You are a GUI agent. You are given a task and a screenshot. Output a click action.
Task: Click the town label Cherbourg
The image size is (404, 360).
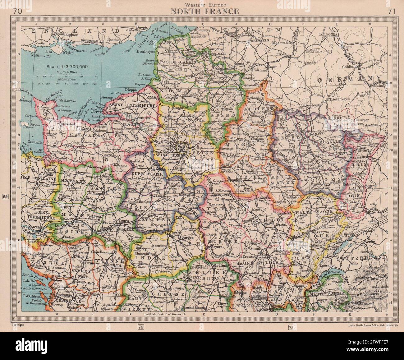pos(45,93)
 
